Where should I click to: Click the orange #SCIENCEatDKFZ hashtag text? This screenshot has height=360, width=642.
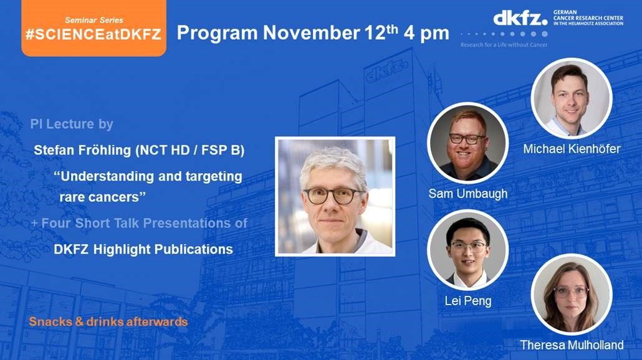tap(93, 34)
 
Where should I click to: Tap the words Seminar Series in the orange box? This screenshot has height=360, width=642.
tap(93, 20)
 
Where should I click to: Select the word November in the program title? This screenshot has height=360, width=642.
tap(311, 33)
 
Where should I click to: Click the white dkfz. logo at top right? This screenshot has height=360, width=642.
tap(520, 19)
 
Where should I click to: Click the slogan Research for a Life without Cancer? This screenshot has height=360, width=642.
tap(504, 45)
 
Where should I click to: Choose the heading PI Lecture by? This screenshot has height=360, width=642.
tap(72, 124)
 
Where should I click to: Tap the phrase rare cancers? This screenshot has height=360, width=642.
tap(102, 197)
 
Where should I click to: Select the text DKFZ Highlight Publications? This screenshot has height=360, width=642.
tap(143, 249)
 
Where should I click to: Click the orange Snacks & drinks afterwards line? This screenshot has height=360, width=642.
tap(108, 321)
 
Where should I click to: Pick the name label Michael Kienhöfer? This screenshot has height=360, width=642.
tap(572, 149)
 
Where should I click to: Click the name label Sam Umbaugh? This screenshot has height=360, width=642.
tap(467, 194)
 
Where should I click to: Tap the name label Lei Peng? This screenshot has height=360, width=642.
tap(468, 301)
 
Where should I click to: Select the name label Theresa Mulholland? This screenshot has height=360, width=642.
tap(572, 345)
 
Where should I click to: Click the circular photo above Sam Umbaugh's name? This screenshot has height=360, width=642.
tap(468, 143)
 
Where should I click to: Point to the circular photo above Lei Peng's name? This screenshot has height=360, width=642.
tap(468, 250)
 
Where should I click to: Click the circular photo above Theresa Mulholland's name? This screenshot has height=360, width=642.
tap(572, 295)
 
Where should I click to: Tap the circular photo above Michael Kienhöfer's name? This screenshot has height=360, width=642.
tap(572, 98)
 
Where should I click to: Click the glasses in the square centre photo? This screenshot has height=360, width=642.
tap(333, 196)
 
